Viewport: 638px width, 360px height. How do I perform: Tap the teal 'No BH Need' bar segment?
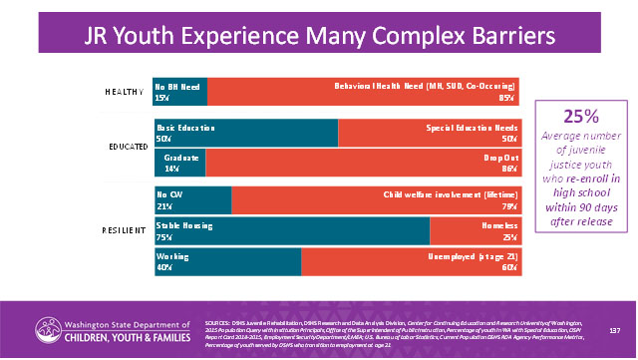[179, 92]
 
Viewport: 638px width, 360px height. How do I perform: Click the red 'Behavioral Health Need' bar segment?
[364, 92]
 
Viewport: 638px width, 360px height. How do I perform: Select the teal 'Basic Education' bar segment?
[245, 133]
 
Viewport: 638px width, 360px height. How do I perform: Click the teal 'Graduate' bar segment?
[184, 163]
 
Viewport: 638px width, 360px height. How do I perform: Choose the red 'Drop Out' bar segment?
[364, 163]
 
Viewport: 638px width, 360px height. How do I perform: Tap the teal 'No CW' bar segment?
[192, 200]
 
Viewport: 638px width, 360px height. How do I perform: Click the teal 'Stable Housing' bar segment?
[291, 231]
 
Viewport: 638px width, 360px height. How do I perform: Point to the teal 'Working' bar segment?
[227, 261]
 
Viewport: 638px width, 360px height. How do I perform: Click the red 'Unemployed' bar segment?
[411, 261]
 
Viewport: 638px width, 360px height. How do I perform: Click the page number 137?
[615, 329]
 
